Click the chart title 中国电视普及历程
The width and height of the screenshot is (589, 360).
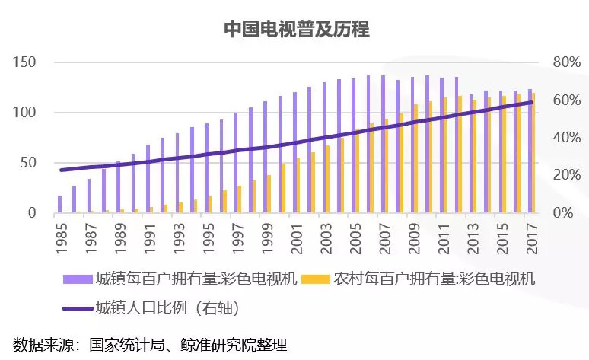tap(296, 29)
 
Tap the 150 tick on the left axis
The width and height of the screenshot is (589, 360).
tap(25, 62)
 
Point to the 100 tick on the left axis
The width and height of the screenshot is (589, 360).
tap(25, 113)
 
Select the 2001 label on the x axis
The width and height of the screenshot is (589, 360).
tap(295, 231)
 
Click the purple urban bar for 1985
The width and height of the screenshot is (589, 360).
tap(59, 204)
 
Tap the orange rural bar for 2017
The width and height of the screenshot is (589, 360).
tap(534, 153)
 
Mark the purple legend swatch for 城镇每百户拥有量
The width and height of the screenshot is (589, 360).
tap(77, 279)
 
